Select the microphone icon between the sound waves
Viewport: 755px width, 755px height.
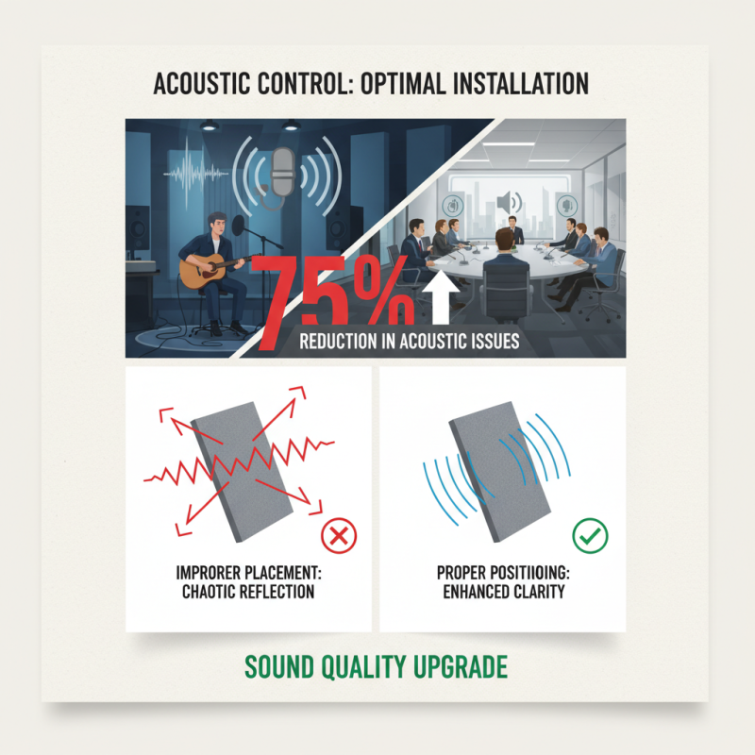pos(280,175)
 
